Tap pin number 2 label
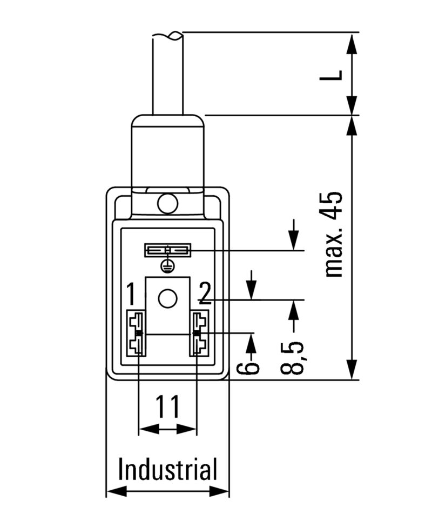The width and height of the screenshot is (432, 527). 204,293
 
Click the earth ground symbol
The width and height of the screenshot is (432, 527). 167,265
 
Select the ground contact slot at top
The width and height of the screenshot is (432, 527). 167,250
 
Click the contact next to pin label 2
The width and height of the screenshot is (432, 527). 199,333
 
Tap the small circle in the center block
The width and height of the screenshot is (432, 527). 167,298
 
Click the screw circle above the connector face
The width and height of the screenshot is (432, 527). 167,204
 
